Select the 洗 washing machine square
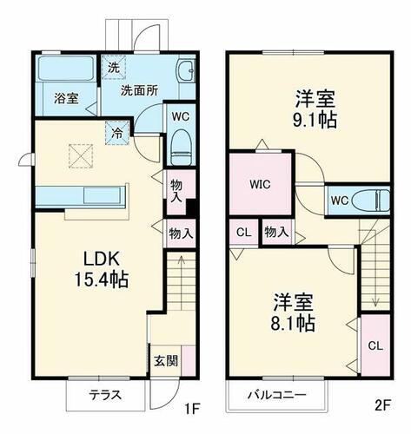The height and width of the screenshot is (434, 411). click(114, 66)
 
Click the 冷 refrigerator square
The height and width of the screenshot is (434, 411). click(116, 134)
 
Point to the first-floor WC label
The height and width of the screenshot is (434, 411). click(181, 115)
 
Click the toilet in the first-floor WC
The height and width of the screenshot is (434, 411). click(181, 142)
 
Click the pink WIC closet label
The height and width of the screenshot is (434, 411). click(260, 185)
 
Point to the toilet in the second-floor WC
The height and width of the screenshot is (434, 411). click(375, 200)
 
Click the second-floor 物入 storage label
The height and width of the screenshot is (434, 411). click(276, 233)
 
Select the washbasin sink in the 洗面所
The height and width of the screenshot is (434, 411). click(183, 72)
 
